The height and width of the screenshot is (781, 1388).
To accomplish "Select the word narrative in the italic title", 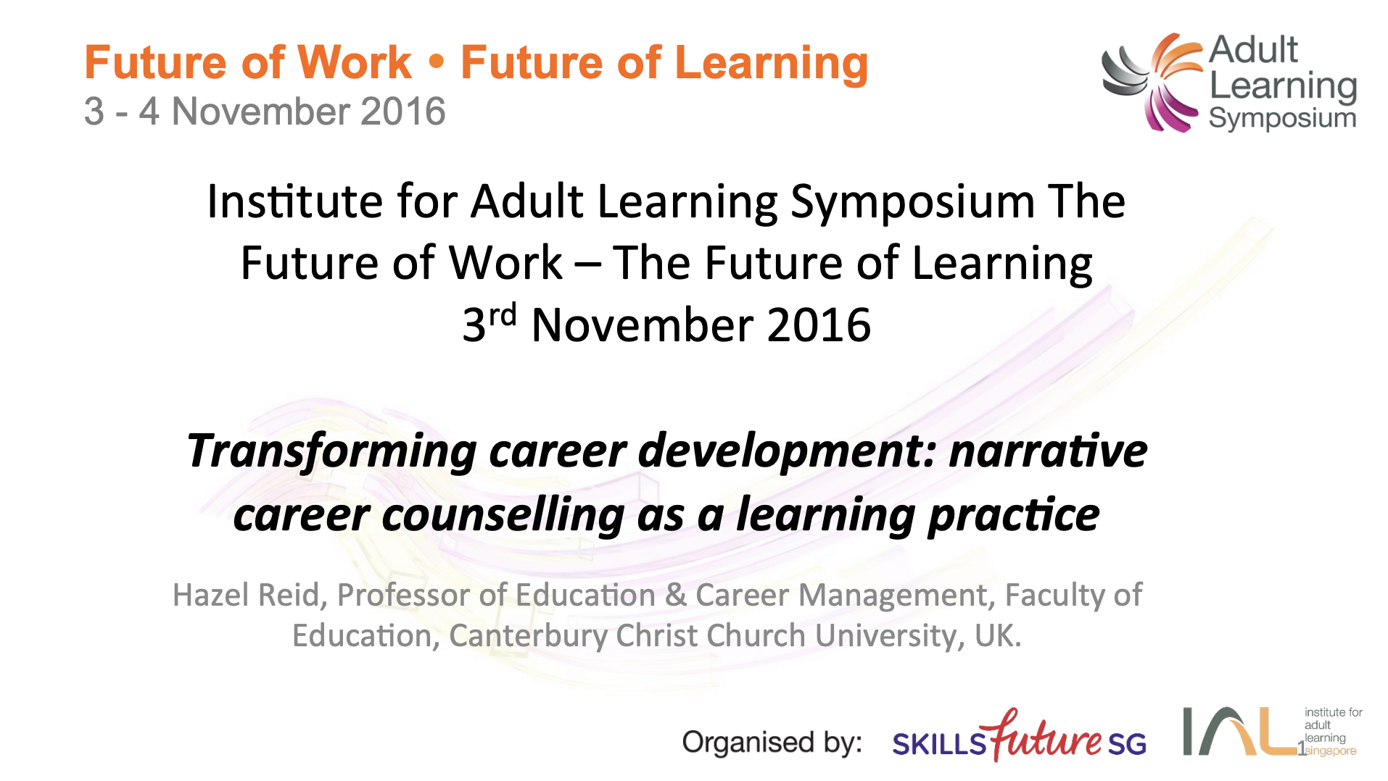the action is pos(1048,451).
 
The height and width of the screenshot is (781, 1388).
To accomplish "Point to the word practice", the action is pos(1014,516).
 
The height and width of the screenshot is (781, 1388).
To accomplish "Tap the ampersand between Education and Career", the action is pos(676,596).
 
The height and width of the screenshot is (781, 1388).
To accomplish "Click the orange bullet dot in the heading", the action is pos(436,62).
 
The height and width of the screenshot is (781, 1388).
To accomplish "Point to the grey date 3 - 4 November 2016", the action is pos(265,112).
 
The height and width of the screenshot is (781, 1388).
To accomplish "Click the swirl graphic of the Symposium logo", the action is pos(1152,83).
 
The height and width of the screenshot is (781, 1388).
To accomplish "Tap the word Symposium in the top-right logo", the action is pos(1282,118).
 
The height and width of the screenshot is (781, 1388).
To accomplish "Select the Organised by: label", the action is pos(772,743).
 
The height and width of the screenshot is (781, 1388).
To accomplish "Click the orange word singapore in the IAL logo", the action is pos(1331,751).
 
